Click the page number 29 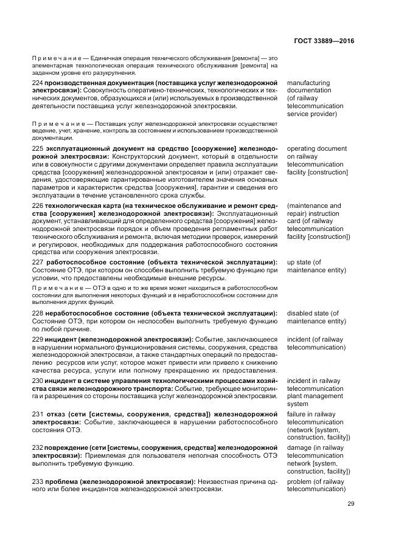coord(351,503)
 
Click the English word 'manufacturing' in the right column coord(308,83)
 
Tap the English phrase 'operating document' coord(316,148)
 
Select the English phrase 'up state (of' coord(305,262)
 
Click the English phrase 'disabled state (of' coord(313,313)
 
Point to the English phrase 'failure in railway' coord(311,414)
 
